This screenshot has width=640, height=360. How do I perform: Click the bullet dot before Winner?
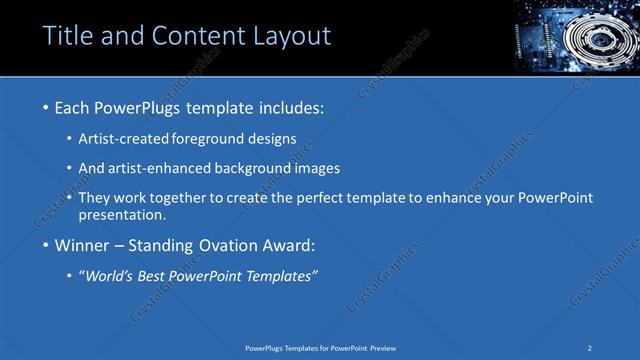(x=46, y=245)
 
